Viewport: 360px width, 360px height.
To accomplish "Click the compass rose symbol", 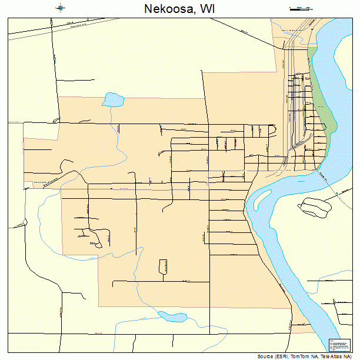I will (x=61, y=8).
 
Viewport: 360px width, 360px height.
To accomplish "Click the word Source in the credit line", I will (x=266, y=356).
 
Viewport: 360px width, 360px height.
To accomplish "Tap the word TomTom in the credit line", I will (x=303, y=356).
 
